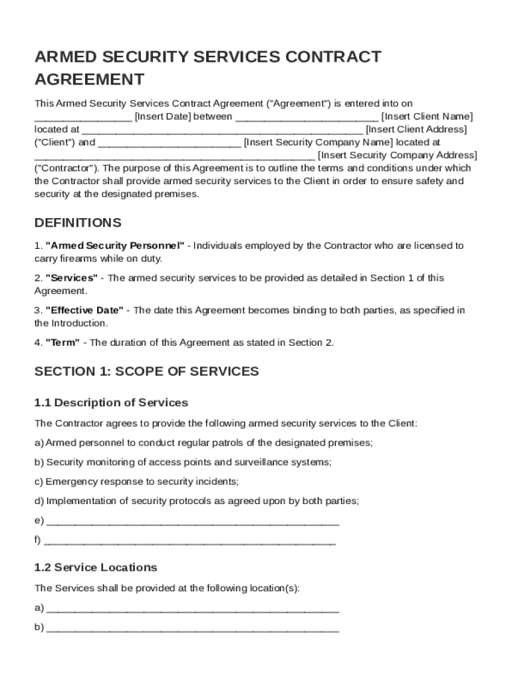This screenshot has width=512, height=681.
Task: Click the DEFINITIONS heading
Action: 78,222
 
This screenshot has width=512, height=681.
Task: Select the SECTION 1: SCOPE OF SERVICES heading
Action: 146,371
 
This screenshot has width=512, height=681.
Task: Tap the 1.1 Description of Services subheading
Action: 111,402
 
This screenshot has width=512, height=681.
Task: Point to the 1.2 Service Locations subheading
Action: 96,567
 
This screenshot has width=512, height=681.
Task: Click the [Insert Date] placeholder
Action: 163,116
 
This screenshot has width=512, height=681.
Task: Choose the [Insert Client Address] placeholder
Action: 416,129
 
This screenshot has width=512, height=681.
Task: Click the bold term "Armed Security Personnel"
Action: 115,245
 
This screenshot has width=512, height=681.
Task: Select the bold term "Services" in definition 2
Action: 71,278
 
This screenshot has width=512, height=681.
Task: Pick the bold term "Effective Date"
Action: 84,311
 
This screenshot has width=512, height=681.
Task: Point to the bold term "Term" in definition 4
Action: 63,342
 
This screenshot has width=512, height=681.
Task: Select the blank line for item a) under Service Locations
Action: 193,609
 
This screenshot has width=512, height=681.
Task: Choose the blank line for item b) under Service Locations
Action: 193,628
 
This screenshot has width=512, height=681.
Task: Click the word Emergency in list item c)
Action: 70,481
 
